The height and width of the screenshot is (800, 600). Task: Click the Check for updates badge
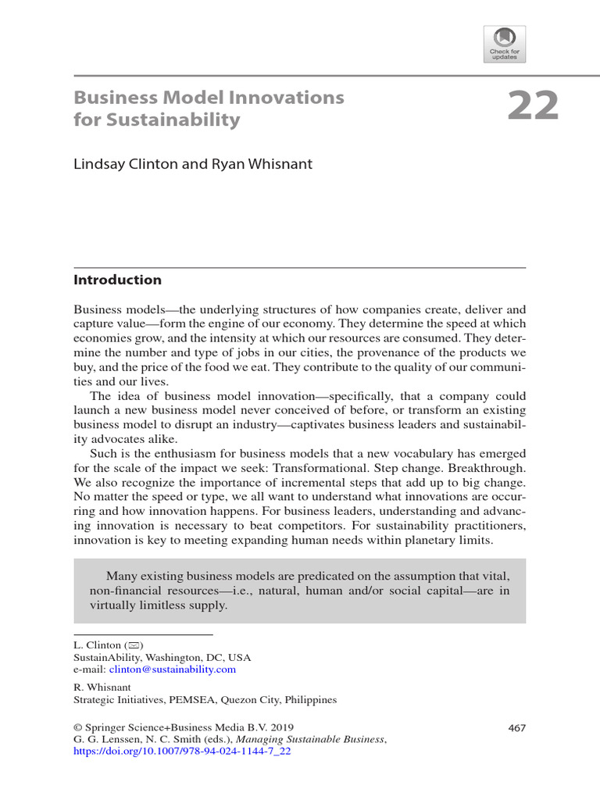click(x=505, y=44)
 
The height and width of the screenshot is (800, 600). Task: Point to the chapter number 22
click(x=534, y=107)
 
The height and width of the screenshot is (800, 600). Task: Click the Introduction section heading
click(x=117, y=280)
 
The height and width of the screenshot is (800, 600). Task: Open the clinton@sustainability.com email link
click(x=172, y=670)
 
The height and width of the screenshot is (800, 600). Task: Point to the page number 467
click(x=516, y=728)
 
